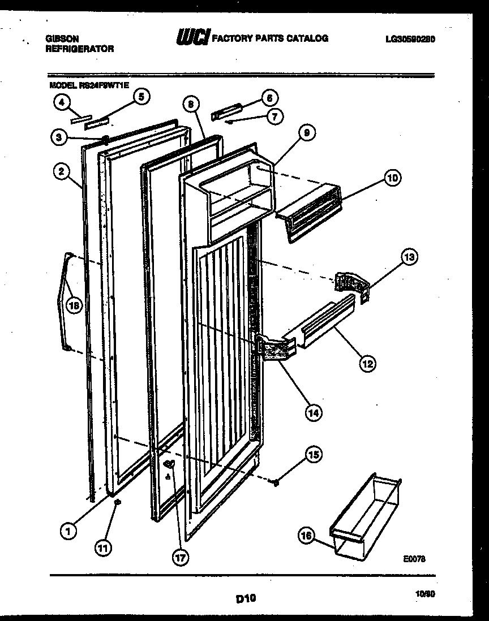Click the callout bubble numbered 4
tap(61, 102)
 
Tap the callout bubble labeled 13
tap(409, 257)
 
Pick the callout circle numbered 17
tap(180, 557)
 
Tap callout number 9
tap(306, 134)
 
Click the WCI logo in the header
tap(192, 37)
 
